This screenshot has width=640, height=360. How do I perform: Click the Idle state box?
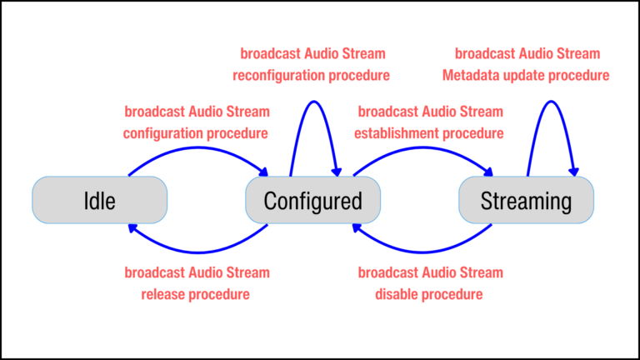(x=99, y=201)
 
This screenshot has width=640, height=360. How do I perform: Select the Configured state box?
(x=312, y=201)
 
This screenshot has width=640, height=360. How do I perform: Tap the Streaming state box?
(x=527, y=201)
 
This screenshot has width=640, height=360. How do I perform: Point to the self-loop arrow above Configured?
(x=314, y=103)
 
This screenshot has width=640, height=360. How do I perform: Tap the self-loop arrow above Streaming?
(x=551, y=103)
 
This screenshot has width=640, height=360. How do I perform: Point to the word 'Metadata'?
(x=484, y=75)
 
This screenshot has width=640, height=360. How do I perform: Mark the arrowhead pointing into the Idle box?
(x=132, y=227)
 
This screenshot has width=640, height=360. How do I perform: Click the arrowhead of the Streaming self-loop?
(x=573, y=172)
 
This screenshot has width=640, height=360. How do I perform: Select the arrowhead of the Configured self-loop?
(x=337, y=172)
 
